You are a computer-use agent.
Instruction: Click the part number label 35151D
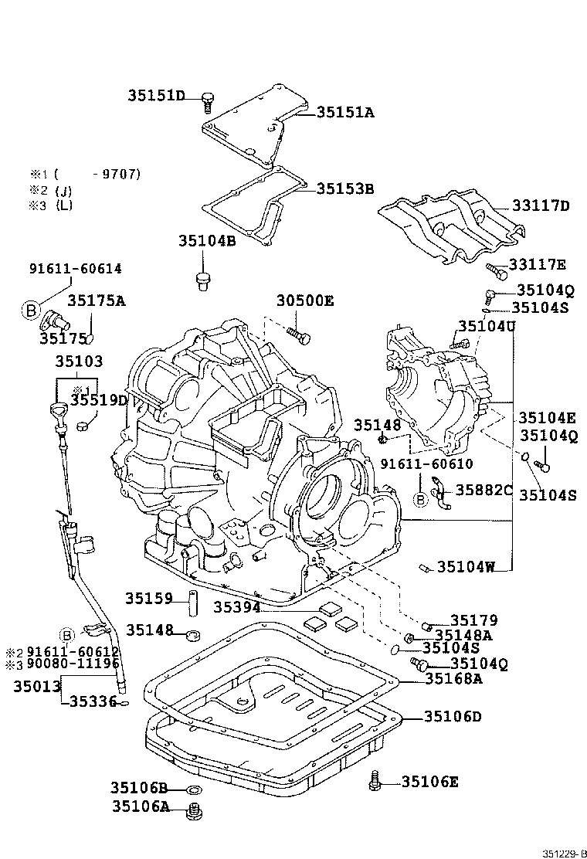pyautogui.click(x=157, y=96)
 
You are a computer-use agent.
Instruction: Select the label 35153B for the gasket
pyautogui.click(x=345, y=188)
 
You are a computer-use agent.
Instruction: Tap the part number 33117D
pyautogui.click(x=540, y=205)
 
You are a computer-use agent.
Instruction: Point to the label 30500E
pyautogui.click(x=305, y=301)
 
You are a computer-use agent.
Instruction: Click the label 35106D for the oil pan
pyautogui.click(x=453, y=717)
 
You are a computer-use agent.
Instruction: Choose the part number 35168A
pyautogui.click(x=453, y=679)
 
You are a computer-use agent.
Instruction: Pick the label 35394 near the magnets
pyautogui.click(x=236, y=608)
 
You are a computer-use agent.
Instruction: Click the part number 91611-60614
pyautogui.click(x=75, y=269)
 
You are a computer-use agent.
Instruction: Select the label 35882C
pyautogui.click(x=484, y=490)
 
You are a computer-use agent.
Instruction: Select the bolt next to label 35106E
pyautogui.click(x=376, y=781)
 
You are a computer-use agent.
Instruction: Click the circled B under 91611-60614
pyautogui.click(x=31, y=310)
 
